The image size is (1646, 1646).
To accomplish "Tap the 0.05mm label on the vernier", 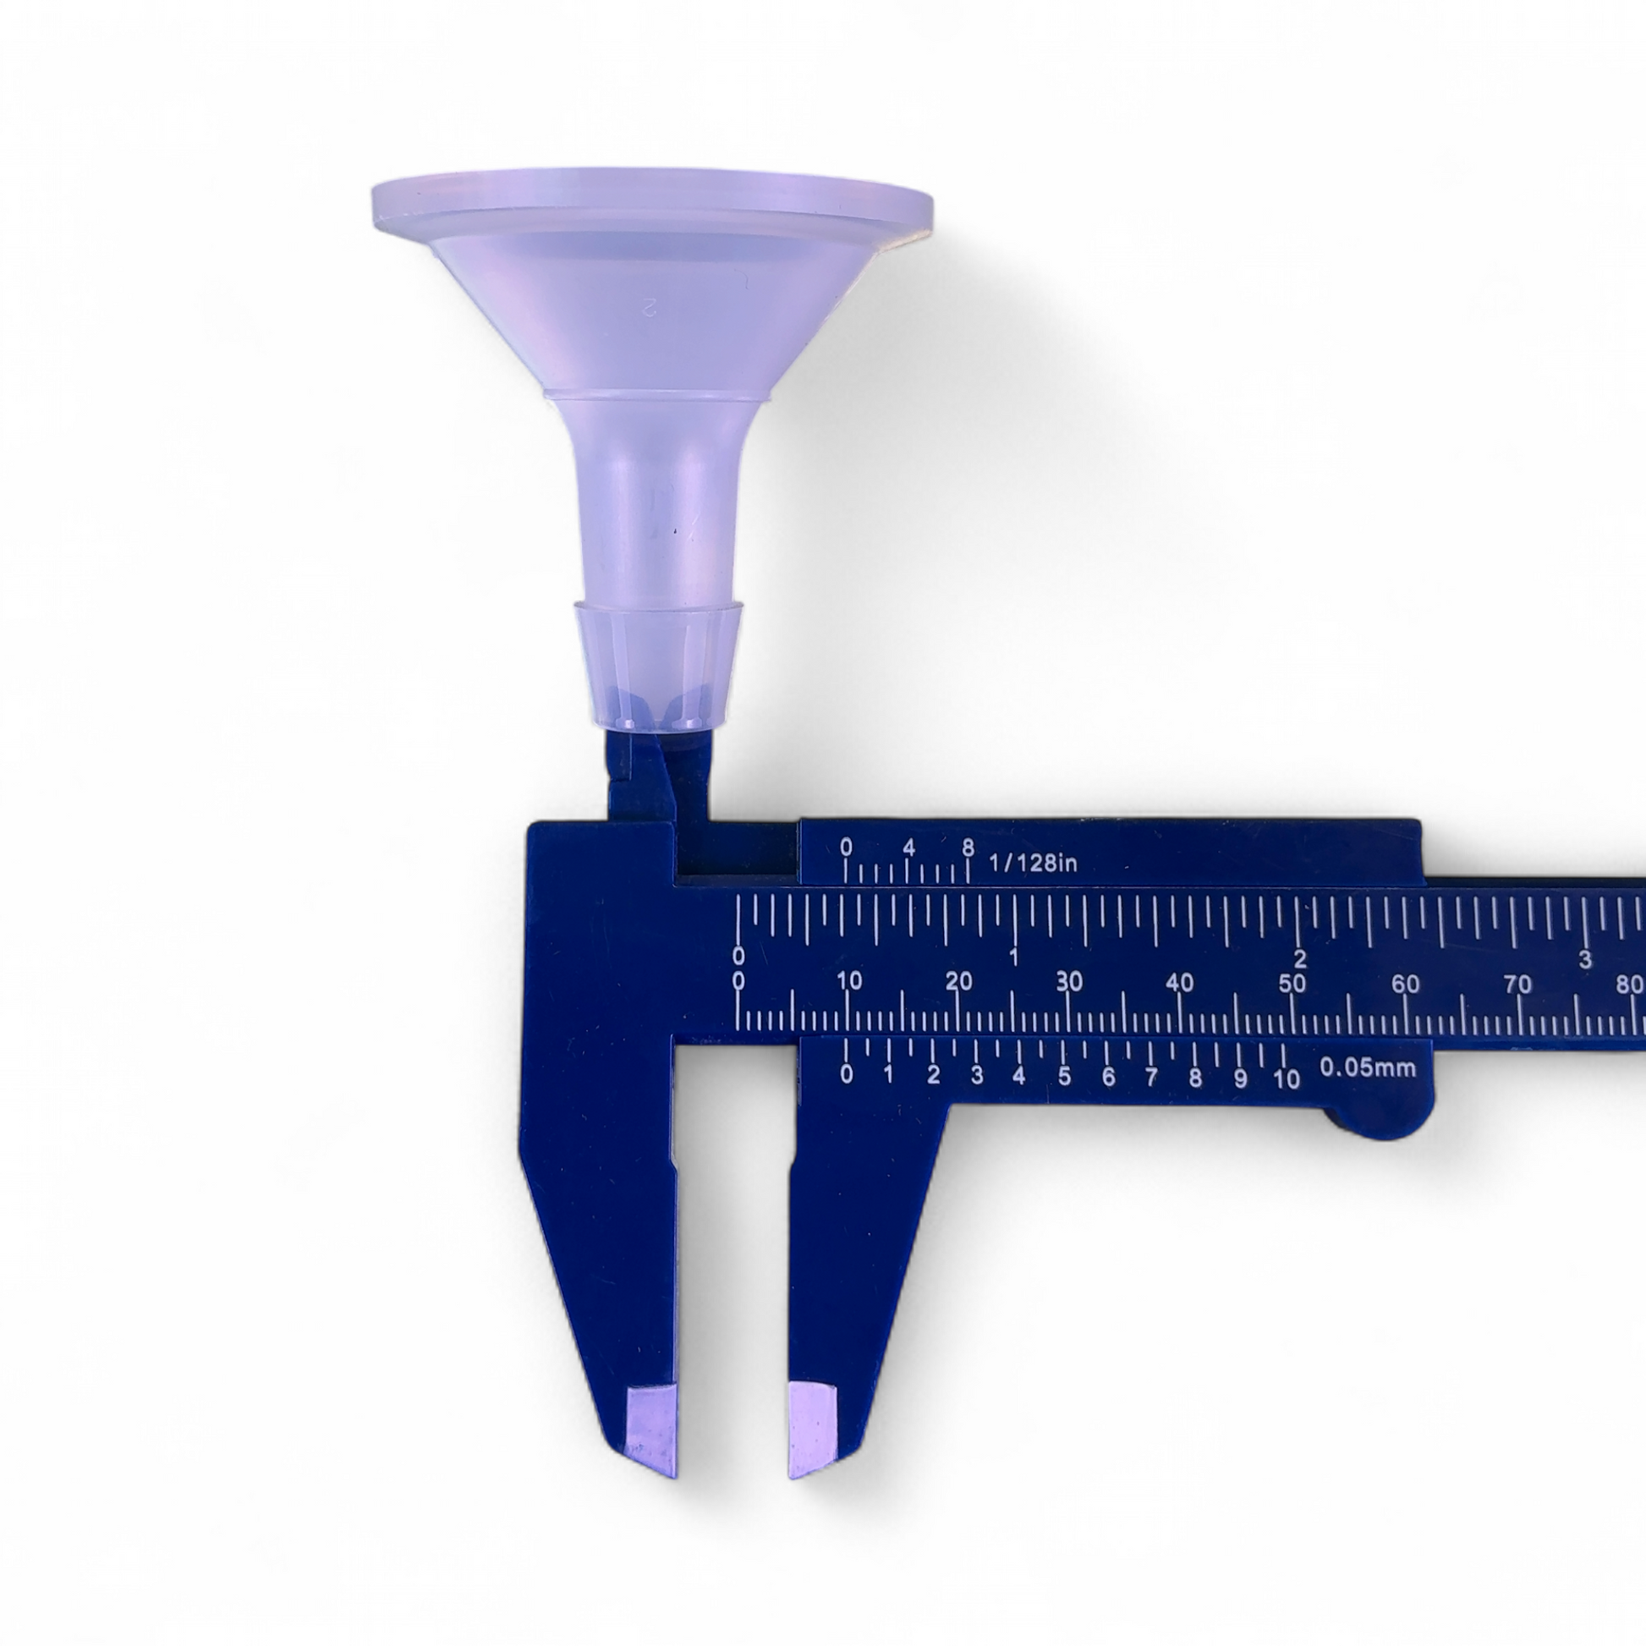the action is [1368, 1067].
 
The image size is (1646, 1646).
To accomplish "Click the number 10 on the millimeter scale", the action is [849, 980].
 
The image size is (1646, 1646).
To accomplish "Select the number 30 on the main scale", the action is [1069, 981].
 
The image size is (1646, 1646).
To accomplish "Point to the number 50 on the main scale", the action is [1292, 982].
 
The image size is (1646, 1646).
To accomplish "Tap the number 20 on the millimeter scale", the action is [959, 981].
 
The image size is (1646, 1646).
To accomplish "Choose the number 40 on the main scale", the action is [1180, 982].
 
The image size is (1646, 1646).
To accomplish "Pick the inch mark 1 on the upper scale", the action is [1014, 956].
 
